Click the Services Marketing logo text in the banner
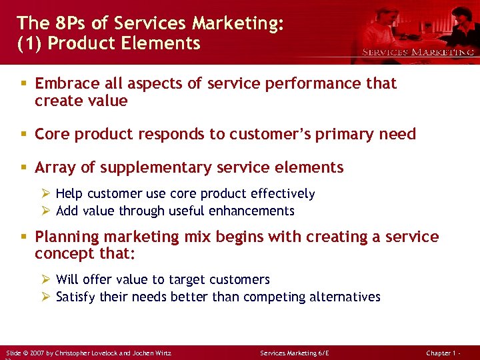tap(418, 51)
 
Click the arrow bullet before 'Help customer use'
tap(45, 194)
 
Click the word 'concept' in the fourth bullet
tap(64, 254)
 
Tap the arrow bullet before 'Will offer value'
tap(45, 279)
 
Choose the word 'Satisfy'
tap(76, 297)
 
